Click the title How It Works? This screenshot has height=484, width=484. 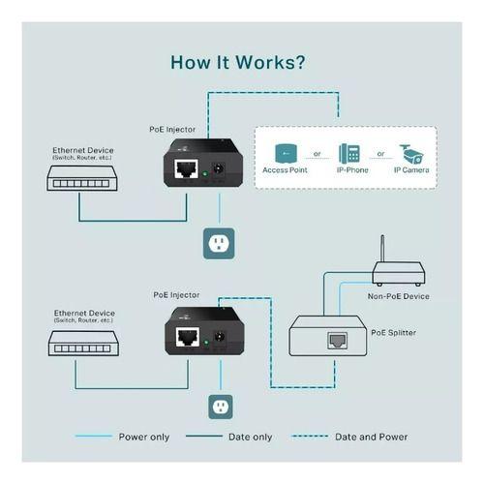tap(238, 63)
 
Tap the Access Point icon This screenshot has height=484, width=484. tap(285, 154)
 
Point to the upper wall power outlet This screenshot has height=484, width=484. tap(219, 243)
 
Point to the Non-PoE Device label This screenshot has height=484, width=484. tap(398, 296)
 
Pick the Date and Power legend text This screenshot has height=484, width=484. tap(371, 437)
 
